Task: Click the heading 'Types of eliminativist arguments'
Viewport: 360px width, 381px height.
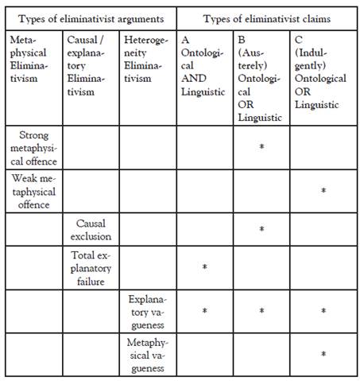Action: (91, 17)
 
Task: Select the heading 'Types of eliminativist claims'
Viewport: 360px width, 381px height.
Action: (266, 17)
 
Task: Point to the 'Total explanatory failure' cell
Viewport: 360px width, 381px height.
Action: (91, 268)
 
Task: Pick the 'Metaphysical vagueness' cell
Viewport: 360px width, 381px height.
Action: (149, 355)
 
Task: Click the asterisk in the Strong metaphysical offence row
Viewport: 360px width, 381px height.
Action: (261, 147)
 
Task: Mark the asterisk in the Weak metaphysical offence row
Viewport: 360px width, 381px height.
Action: (323, 191)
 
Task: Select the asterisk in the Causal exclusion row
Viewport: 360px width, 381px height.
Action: (261, 230)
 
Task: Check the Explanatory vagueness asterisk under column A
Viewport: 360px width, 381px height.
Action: (204, 311)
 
